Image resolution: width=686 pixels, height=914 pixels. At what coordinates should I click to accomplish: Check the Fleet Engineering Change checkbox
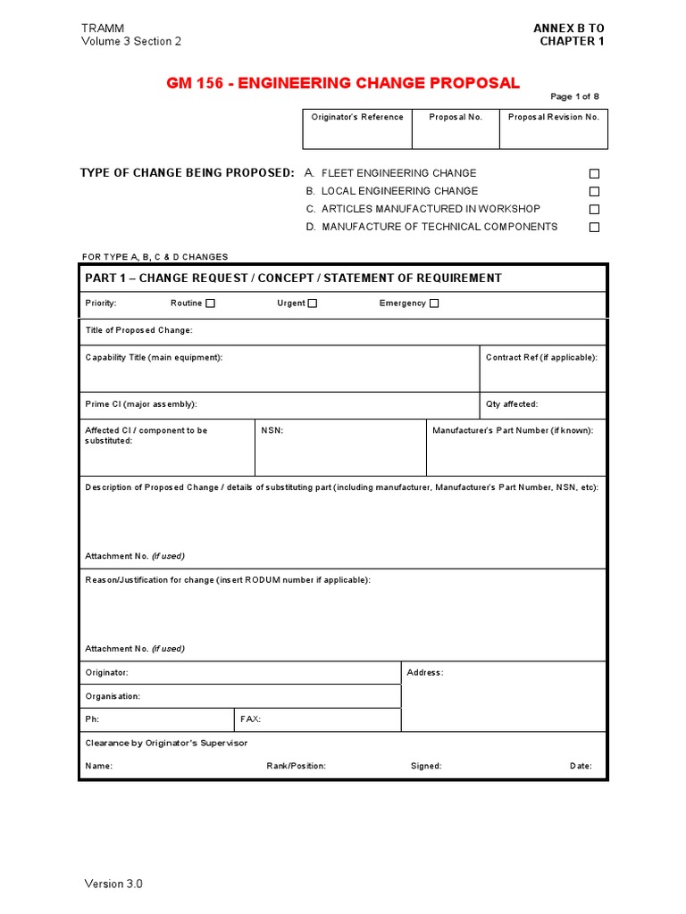(594, 174)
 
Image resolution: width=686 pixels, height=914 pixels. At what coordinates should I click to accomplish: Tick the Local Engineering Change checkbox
(594, 192)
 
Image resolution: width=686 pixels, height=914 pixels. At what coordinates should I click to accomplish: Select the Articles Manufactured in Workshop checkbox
(594, 210)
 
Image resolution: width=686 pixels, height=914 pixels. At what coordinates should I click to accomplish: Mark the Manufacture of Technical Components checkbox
(594, 228)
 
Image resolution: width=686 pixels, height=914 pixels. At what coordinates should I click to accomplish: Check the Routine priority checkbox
(211, 303)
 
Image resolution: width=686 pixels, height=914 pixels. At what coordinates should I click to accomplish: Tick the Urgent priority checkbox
(313, 303)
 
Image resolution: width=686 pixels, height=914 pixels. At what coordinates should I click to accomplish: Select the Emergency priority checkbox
(434, 303)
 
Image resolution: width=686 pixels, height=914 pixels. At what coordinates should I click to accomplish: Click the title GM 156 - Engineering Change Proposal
(342, 83)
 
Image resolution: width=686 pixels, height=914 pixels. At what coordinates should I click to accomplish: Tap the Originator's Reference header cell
(357, 117)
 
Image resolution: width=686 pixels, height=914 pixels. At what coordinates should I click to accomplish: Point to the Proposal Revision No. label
(554, 117)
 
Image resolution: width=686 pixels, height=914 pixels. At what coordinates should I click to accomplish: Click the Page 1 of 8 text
(574, 97)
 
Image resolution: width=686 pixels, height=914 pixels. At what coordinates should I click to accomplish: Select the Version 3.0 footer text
(113, 884)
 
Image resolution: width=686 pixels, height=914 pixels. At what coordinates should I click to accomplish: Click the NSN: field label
(272, 430)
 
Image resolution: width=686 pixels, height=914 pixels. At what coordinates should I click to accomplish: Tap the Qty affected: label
(512, 404)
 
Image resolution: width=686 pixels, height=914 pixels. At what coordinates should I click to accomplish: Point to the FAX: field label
(250, 719)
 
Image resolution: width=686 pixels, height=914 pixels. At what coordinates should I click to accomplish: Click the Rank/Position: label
(296, 766)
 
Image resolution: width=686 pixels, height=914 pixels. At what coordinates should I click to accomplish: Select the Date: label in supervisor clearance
(581, 766)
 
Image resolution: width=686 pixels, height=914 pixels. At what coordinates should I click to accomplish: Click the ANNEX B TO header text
(568, 29)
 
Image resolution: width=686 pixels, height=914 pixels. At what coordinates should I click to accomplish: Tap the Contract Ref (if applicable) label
(541, 357)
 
